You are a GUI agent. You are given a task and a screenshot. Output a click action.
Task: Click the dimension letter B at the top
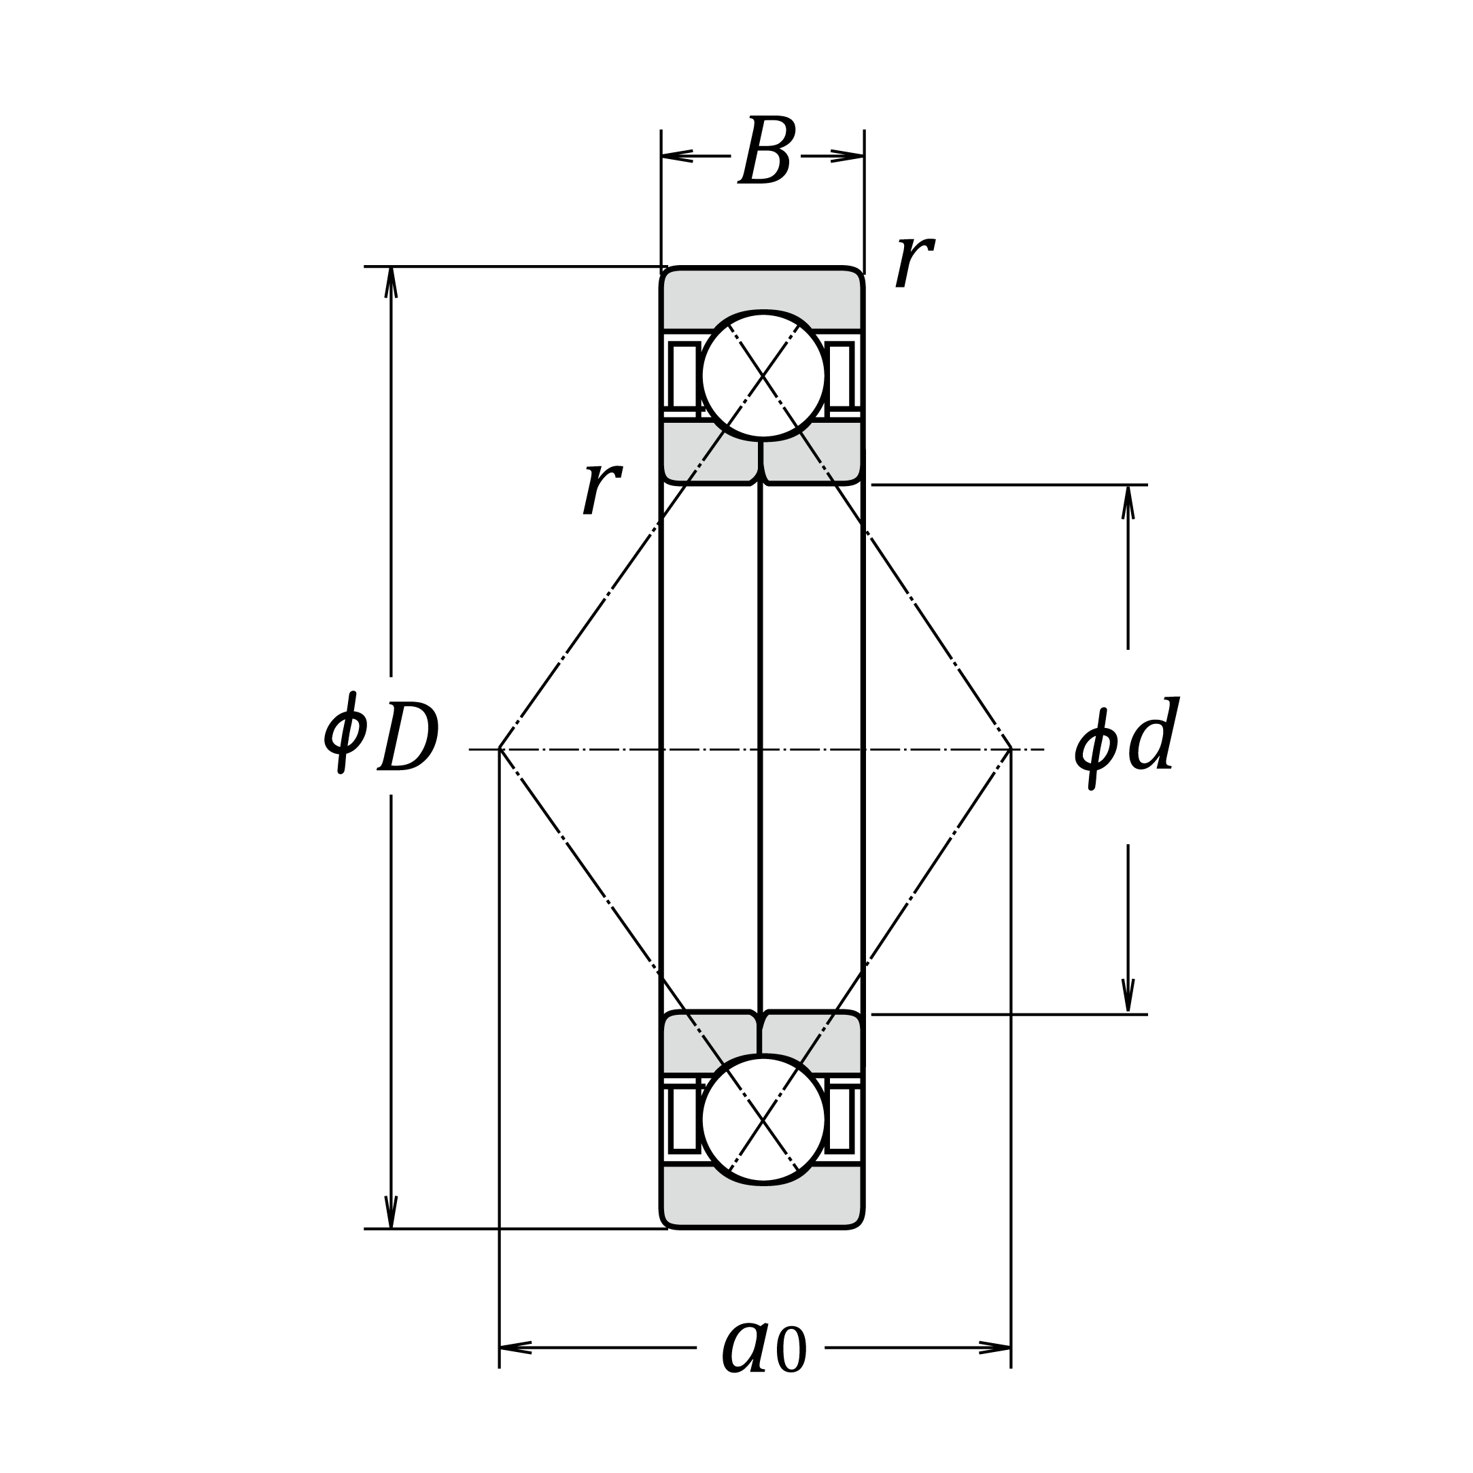pyautogui.click(x=767, y=150)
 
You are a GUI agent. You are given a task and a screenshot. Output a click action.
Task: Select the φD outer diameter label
pyautogui.click(x=381, y=733)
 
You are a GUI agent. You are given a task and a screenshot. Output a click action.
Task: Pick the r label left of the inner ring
pyautogui.click(x=602, y=488)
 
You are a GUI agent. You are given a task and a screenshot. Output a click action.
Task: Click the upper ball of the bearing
pyautogui.click(x=763, y=375)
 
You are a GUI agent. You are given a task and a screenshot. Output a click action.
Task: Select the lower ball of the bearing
pyautogui.click(x=763, y=1120)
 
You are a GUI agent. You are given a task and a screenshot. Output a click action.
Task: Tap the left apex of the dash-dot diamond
pyautogui.click(x=500, y=750)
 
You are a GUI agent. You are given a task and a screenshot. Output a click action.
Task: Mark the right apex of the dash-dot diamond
pyautogui.click(x=1011, y=750)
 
